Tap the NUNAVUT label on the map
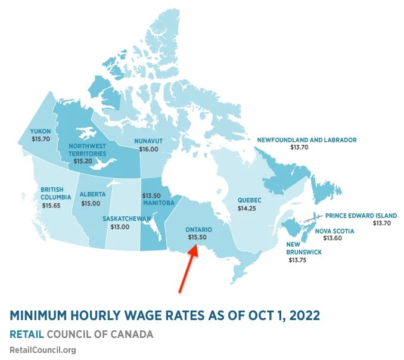tap(148, 141)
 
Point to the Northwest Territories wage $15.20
tap(82, 161)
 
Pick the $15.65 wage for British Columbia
tap(51, 205)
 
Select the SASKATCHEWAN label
tap(126, 219)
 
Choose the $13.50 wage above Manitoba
tap(151, 195)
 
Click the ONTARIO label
tap(198, 229)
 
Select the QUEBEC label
tap(249, 200)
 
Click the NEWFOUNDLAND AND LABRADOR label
tap(306, 139)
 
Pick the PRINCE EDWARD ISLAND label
tap(361, 215)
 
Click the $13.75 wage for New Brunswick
tap(297, 260)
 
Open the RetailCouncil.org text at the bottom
tap(43, 350)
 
